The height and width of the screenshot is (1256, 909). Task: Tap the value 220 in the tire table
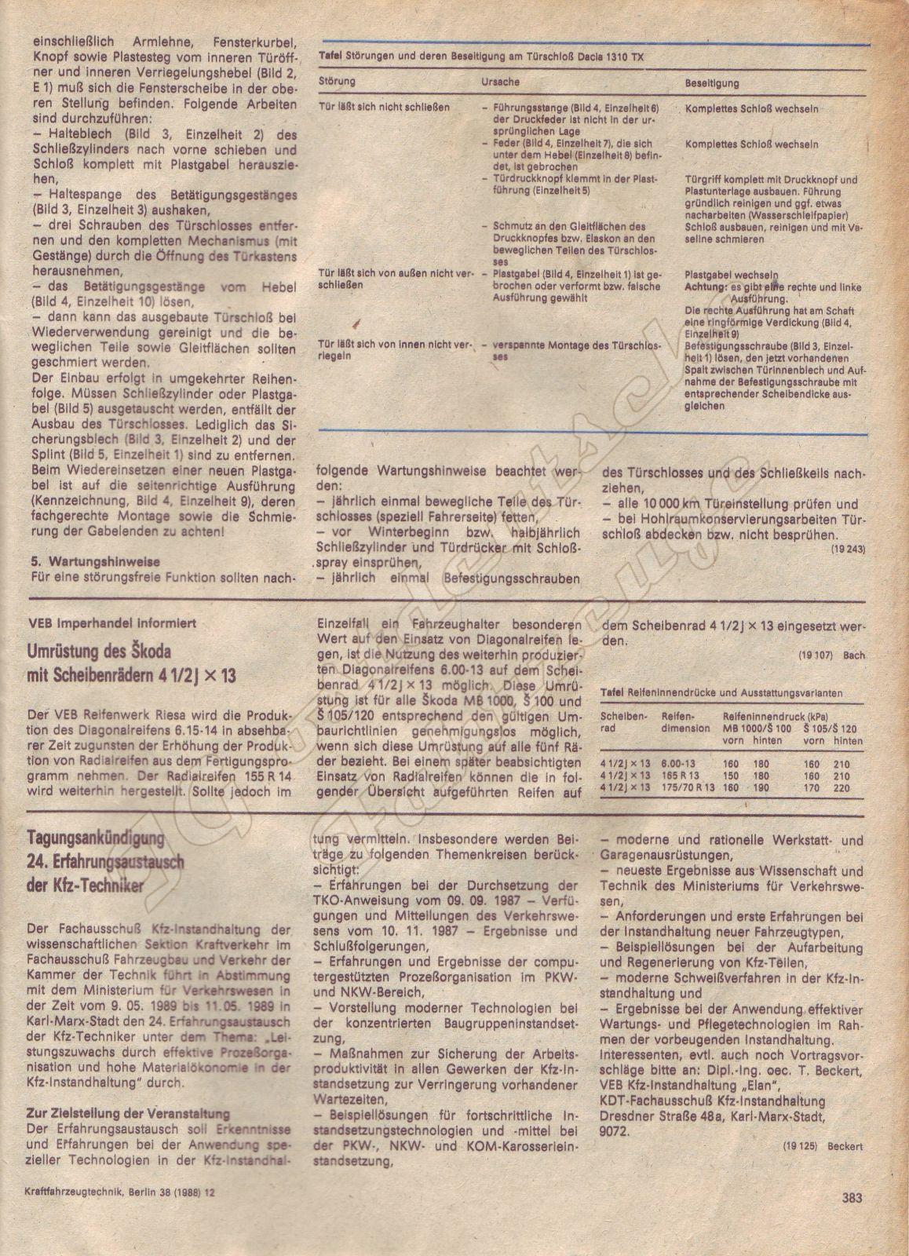click(842, 787)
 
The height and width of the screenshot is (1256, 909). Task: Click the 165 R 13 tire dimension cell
click(677, 776)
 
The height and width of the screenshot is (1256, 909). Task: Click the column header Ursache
click(500, 82)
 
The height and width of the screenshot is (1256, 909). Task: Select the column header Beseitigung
click(711, 82)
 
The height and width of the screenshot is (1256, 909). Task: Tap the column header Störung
click(338, 82)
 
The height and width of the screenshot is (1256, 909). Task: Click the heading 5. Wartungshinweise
click(94, 561)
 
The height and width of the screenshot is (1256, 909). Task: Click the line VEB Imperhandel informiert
click(101, 623)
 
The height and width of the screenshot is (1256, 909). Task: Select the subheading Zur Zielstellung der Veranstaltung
click(129, 1113)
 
